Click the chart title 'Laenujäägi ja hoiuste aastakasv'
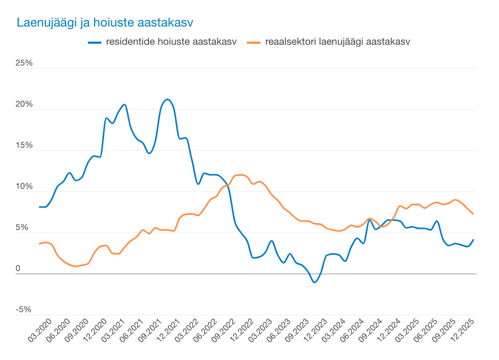click(x=105, y=23)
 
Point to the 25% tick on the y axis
click(x=24, y=63)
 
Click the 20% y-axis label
click(x=24, y=105)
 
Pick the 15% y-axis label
click(x=24, y=146)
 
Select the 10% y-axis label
click(x=24, y=187)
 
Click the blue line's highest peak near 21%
click(x=167, y=99)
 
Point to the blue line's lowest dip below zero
click(x=314, y=282)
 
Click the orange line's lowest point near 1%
click(x=76, y=266)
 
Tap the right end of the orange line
click(x=473, y=214)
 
